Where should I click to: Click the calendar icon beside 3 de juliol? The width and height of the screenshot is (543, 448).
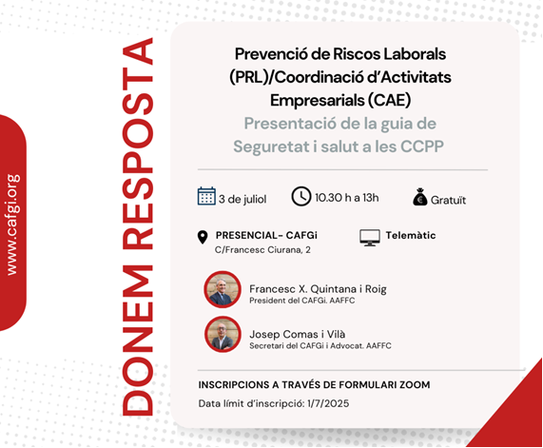pos(206,196)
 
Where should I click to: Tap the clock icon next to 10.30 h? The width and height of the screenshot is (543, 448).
pos(301,197)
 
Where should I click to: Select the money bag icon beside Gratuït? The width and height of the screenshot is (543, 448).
pos(420,197)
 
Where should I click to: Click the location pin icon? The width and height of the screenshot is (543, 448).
pos(203,238)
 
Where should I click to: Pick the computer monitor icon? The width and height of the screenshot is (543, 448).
pos(370,238)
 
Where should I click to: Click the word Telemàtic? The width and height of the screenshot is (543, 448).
pos(411,235)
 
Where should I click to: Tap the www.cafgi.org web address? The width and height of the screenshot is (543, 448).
pos(12,224)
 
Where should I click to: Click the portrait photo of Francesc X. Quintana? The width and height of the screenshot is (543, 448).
pos(223,289)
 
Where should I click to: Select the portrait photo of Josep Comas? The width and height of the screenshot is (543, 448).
pos(223,335)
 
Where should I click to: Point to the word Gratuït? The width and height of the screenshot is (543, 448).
pos(448,200)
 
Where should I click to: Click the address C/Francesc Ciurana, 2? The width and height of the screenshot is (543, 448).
pos(262,250)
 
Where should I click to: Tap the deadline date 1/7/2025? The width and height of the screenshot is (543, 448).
pos(328,403)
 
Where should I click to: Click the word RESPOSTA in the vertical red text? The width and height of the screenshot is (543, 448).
pos(138,144)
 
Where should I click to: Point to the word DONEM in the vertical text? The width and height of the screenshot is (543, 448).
pos(138,341)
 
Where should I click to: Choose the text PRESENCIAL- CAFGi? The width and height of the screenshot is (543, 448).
pos(266,235)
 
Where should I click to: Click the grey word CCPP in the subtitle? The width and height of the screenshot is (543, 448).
pos(422,146)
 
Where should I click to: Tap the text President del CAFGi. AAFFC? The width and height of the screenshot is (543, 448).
pos(302,301)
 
